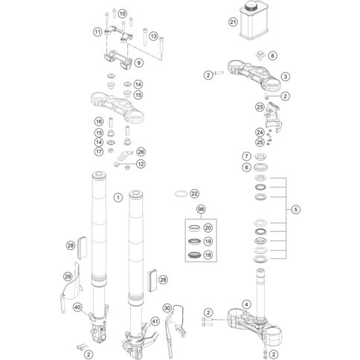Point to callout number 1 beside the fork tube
click(117, 197)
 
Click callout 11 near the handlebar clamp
click(97, 31)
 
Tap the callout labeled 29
click(68, 277)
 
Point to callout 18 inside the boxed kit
click(208, 255)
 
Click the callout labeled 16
click(97, 121)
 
